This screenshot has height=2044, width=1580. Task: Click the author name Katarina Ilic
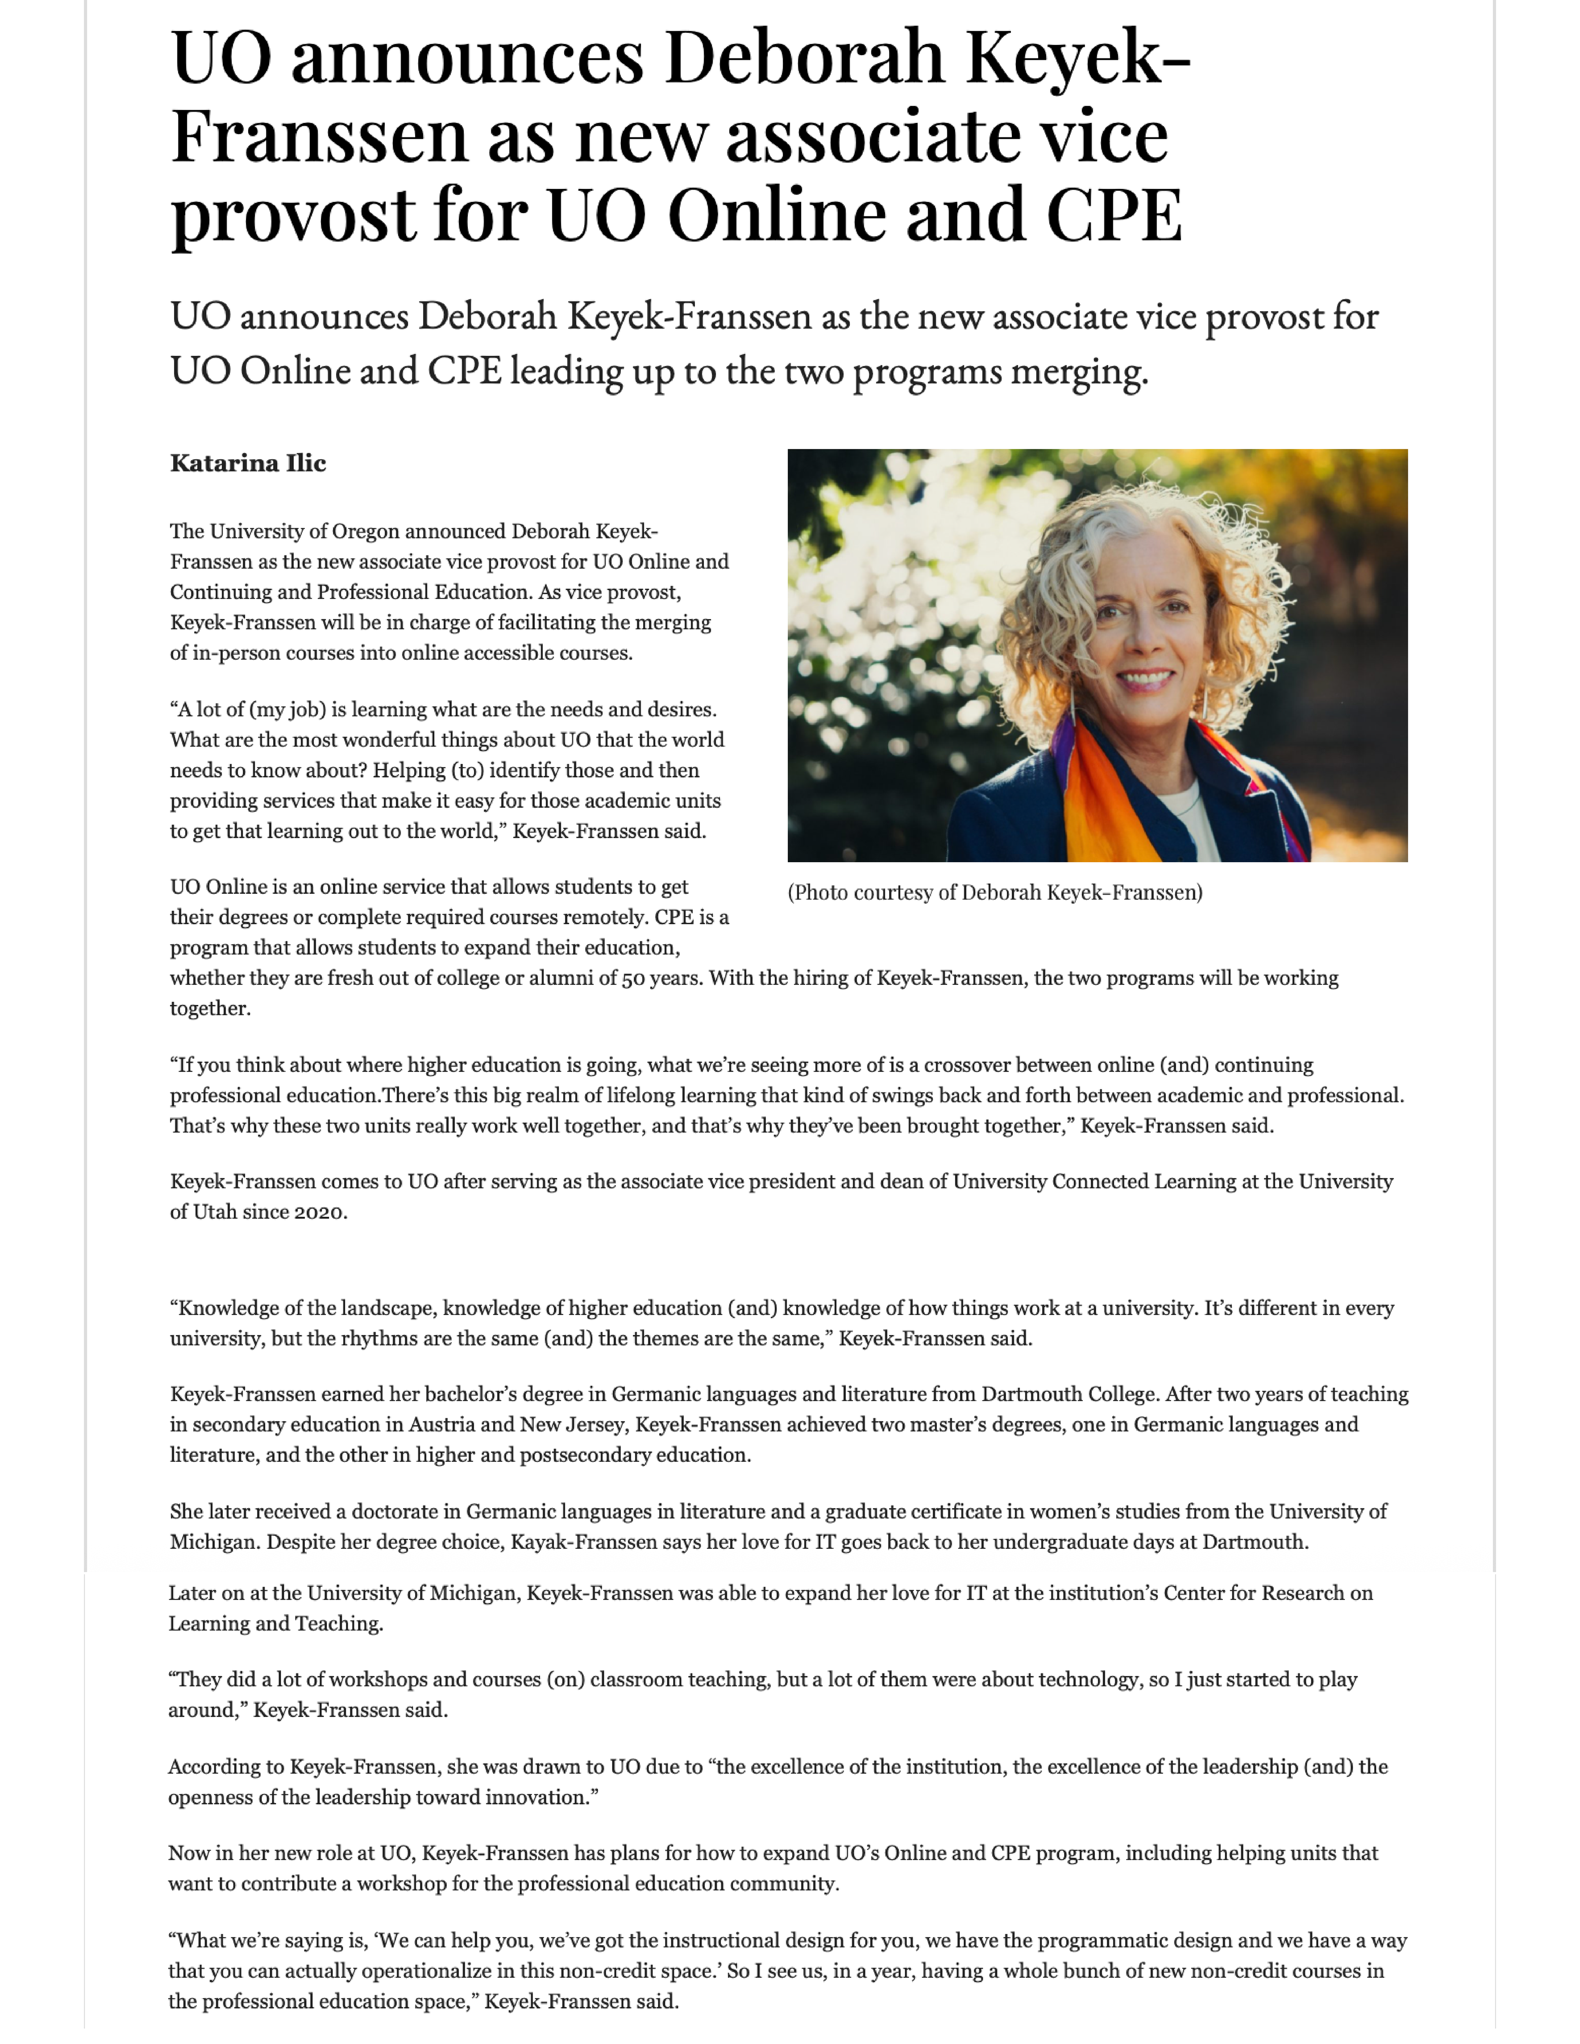pyautogui.click(x=248, y=463)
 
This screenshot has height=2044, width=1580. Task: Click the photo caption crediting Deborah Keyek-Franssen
pyautogui.click(x=995, y=893)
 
